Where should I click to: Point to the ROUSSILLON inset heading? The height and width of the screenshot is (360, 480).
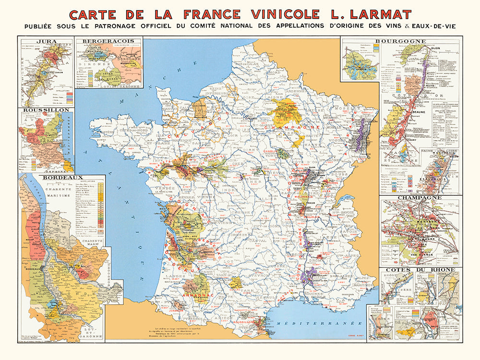(x=46, y=110)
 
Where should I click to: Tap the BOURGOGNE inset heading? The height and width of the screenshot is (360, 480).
(x=408, y=42)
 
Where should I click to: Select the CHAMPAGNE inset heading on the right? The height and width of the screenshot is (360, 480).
(x=419, y=197)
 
